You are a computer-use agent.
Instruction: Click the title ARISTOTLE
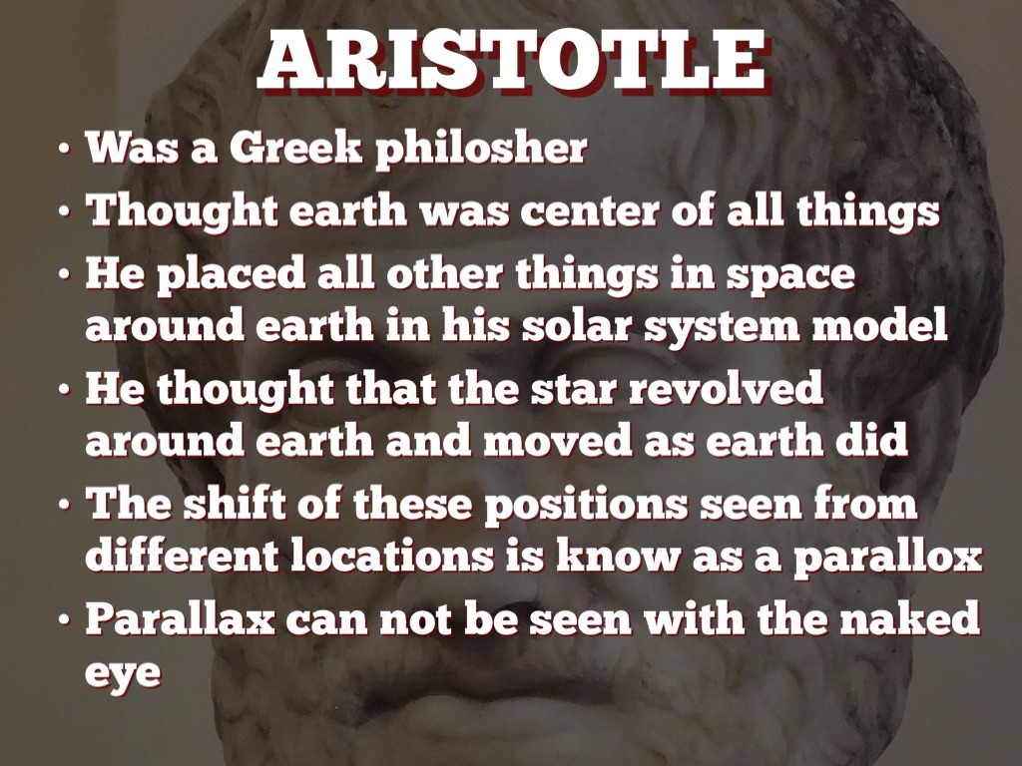(x=511, y=62)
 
